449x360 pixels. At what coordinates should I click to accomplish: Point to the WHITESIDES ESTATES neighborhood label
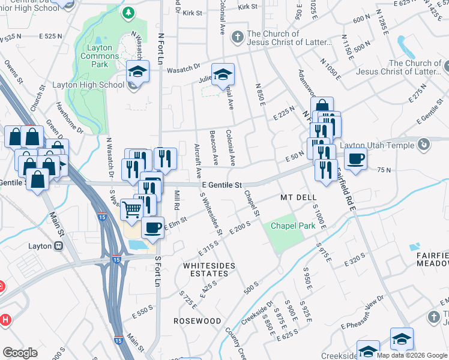pos(209,269)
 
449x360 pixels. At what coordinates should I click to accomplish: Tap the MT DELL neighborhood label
pos(298,197)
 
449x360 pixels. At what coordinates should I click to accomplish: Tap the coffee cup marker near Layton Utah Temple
pos(356,158)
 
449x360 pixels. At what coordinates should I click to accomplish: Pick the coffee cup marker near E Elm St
pos(152,227)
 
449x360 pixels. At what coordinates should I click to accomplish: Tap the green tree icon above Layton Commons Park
pos(127,12)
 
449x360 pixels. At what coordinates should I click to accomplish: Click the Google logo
pos(20,353)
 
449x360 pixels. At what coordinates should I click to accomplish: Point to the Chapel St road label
pos(252,204)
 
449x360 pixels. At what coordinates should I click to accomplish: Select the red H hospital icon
pos(6,320)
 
